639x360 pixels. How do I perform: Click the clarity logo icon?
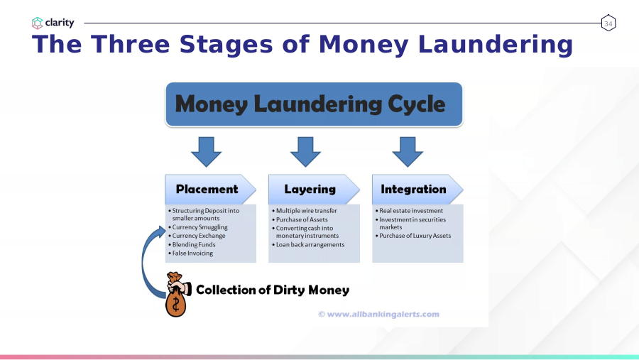pos(37,23)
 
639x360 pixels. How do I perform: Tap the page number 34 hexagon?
pos(608,23)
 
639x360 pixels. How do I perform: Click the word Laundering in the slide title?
pos(495,45)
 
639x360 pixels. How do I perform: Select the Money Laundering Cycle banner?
pos(314,104)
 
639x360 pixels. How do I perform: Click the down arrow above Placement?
pos(206,152)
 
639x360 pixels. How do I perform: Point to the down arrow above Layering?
pos(305,152)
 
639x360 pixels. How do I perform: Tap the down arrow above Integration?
pos(408,152)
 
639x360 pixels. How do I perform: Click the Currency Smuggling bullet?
pos(198,227)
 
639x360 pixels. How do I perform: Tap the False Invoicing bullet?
pos(191,253)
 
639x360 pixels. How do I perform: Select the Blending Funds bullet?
pos(192,245)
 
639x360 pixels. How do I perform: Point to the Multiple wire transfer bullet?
pos(305,211)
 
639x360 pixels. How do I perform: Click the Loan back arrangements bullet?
pos(308,245)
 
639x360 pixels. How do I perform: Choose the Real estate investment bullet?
pos(409,211)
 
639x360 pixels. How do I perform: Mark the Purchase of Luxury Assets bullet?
pos(413,236)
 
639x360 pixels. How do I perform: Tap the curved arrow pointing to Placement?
pos(144,261)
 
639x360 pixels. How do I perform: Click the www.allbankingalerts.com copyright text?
pos(378,315)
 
